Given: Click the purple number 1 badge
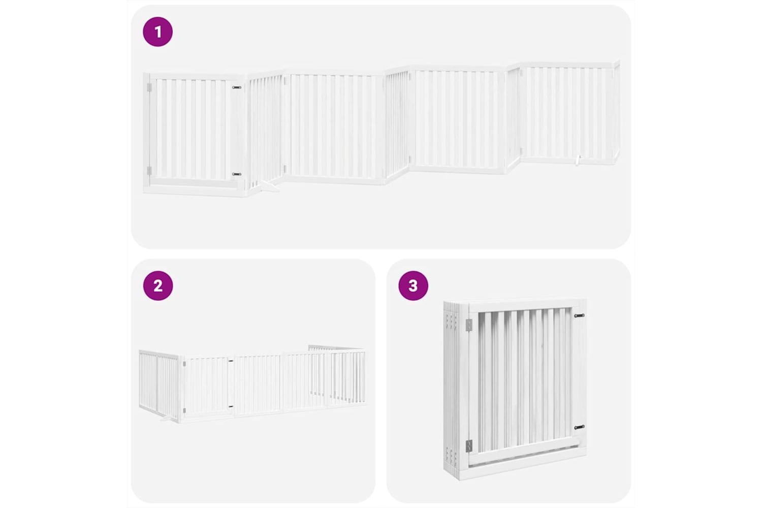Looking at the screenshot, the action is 158,31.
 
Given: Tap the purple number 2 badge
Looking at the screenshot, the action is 158,286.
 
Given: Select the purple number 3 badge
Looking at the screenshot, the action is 414,286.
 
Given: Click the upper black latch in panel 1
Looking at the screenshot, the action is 236,87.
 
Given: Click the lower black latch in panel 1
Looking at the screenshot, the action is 236,174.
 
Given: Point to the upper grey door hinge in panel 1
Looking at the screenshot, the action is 149,87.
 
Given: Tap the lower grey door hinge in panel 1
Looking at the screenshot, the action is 149,171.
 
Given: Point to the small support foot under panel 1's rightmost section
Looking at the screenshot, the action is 577,160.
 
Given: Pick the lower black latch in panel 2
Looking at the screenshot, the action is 231,406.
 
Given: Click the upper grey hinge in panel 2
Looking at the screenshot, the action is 184,364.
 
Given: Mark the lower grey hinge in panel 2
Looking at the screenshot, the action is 184,410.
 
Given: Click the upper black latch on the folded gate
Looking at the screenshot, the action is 579,316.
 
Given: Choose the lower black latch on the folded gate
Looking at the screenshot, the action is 579,427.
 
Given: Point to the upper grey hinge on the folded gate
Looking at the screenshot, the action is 469,325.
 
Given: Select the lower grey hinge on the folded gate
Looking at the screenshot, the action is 469,446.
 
